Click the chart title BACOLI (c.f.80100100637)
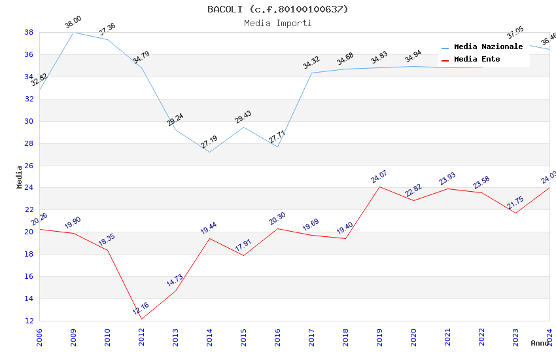pyautogui.click(x=278, y=9)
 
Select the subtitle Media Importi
pyautogui.click(x=278, y=23)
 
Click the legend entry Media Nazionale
pyautogui.click(x=488, y=47)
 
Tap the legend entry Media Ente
pyautogui.click(x=477, y=60)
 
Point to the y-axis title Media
pyautogui.click(x=19, y=177)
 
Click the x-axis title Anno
pyautogui.click(x=540, y=343)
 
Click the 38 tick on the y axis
pyautogui.click(x=29, y=32)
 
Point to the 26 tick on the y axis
pyautogui.click(x=29, y=166)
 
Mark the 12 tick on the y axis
pyautogui.click(x=29, y=321)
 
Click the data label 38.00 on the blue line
pyautogui.click(x=73, y=24)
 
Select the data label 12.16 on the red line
pyautogui.click(x=141, y=308)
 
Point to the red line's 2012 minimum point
pyautogui.click(x=141, y=319)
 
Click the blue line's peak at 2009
pyautogui.click(x=73, y=32)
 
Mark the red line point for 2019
pyautogui.click(x=379, y=187)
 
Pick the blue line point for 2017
pyautogui.click(x=311, y=73)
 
